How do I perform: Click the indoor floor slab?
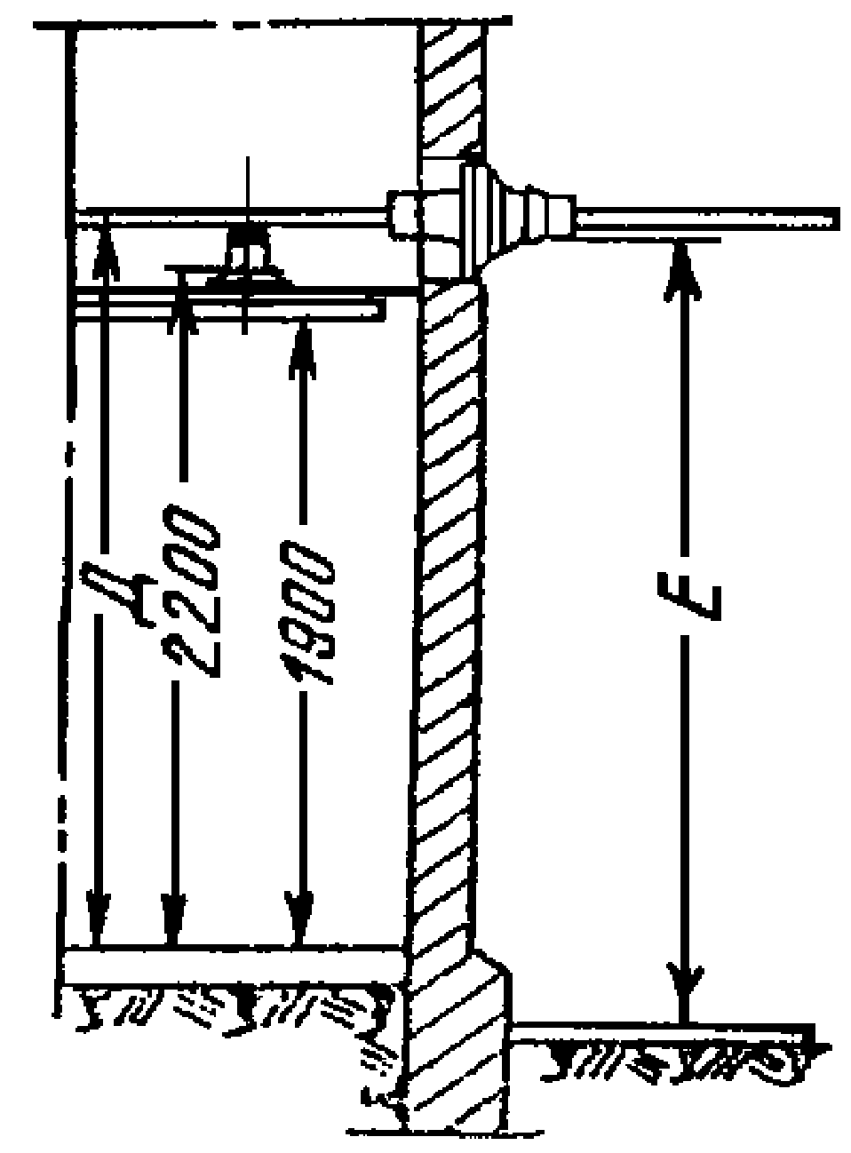pyautogui.click(x=231, y=964)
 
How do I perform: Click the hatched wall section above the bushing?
pyautogui.click(x=453, y=89)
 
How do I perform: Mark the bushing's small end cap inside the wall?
pyautogui.click(x=401, y=214)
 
